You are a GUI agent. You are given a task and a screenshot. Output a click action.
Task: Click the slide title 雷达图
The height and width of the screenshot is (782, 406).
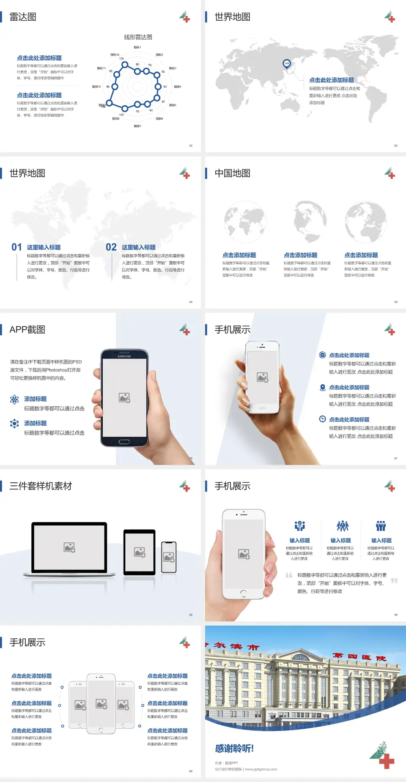click(23, 17)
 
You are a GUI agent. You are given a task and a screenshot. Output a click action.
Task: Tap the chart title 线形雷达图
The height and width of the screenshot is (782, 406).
click(138, 37)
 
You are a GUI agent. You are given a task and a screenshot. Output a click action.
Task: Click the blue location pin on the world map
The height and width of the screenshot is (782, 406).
click(286, 64)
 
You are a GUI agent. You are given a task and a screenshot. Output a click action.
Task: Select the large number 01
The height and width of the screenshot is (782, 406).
click(16, 247)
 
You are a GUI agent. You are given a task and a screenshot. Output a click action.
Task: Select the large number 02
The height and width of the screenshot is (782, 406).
click(111, 247)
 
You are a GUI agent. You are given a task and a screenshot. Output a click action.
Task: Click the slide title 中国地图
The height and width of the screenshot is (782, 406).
click(232, 173)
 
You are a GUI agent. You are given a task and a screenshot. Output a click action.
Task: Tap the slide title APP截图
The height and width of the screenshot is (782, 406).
click(27, 330)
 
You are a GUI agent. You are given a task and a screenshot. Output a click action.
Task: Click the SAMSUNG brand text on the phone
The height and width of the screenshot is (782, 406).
click(124, 356)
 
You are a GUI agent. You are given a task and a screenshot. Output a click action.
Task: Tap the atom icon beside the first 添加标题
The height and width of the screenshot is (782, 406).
click(14, 399)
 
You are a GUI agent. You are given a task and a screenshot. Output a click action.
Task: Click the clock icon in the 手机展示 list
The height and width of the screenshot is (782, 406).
click(322, 419)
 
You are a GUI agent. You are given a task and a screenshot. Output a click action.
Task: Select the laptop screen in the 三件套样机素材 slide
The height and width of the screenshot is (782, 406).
click(69, 547)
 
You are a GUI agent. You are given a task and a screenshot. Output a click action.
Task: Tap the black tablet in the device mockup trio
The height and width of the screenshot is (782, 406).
click(139, 552)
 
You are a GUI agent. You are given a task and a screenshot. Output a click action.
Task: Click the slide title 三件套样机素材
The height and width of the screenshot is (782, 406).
click(41, 486)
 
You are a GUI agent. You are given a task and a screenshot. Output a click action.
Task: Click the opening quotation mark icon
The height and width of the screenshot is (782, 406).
click(289, 575)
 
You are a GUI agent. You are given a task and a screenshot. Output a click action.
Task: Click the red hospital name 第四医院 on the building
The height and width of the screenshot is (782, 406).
click(359, 657)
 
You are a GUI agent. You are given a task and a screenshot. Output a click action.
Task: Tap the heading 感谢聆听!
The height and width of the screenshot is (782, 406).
click(234, 749)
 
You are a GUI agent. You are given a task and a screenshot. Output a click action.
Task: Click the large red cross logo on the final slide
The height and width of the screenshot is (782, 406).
click(386, 761)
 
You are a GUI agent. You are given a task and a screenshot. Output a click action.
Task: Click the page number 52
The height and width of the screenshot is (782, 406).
click(191, 146)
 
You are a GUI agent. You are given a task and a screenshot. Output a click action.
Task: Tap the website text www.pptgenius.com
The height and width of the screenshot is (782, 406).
click(261, 769)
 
